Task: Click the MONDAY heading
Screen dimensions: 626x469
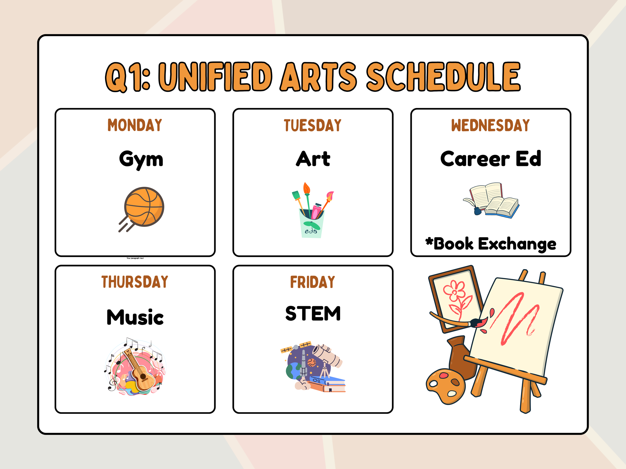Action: (135, 125)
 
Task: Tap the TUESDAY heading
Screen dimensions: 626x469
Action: (312, 125)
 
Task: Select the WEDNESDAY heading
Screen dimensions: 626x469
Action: (490, 125)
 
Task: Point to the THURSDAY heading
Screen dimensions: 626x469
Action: (135, 282)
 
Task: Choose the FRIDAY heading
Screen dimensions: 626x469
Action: (312, 282)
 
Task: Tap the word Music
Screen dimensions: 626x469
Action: (135, 317)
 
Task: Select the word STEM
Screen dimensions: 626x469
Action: (313, 313)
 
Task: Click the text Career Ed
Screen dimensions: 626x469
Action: (491, 159)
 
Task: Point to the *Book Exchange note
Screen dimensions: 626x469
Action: (491, 244)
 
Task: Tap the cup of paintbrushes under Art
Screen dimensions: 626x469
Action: (312, 210)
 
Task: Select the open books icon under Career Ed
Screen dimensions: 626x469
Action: (491, 200)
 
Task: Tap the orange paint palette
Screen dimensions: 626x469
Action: (446, 386)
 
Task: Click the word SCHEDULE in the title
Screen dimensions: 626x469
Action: (443, 77)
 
